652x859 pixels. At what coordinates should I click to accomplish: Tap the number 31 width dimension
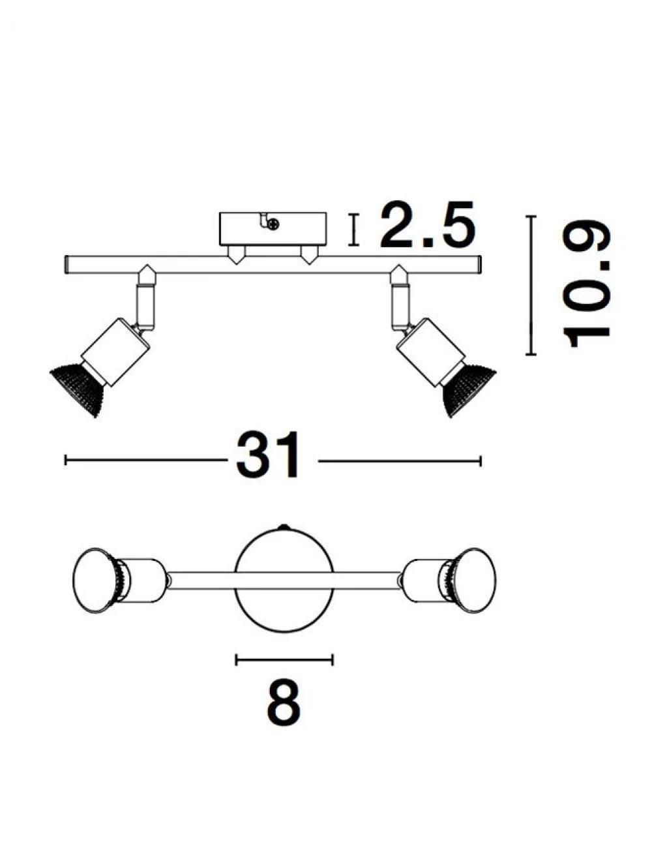pyautogui.click(x=267, y=455)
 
